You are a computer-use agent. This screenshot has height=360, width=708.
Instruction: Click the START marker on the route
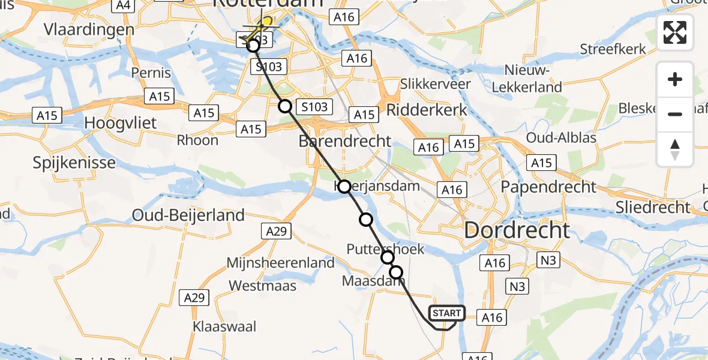447,313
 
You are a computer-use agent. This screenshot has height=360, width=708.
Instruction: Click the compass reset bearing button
675,149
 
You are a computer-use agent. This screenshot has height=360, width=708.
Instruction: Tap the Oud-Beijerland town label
188,215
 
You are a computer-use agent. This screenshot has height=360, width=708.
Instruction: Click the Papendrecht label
549,187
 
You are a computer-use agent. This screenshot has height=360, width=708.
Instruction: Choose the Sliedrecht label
653,208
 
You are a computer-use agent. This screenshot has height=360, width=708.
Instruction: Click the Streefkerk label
613,49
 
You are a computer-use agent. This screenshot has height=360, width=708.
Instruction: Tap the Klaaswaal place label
224,327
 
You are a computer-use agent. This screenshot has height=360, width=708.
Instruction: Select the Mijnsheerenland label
280,263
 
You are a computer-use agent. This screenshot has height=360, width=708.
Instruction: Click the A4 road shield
123,5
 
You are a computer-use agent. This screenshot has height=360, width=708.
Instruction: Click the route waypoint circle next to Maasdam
396,272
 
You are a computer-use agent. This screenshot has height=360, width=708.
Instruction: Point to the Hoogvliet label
120,124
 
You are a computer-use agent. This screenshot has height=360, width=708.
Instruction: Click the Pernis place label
151,74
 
